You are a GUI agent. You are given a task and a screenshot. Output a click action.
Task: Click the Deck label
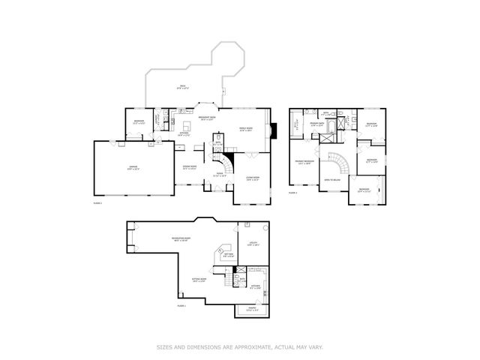pyautogui.click(x=181, y=87)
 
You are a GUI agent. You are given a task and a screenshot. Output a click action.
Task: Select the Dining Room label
pyautogui.click(x=190, y=167)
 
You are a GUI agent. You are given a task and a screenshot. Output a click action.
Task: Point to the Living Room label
pyautogui.click(x=252, y=178)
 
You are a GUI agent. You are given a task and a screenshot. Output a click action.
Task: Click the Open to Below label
pyautogui.click(x=333, y=180)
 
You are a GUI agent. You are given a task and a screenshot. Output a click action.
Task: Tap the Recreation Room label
pyautogui.click(x=180, y=240)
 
